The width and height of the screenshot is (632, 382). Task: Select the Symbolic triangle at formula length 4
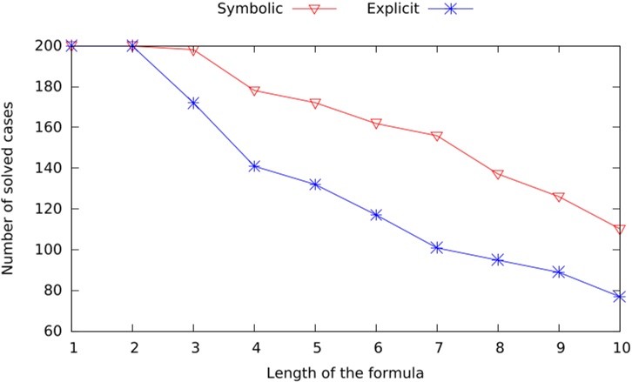tap(254, 90)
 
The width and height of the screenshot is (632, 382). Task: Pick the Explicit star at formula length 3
tap(193, 103)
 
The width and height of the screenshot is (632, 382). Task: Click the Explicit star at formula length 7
tap(437, 247)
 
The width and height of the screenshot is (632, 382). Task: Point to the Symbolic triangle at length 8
tap(498, 174)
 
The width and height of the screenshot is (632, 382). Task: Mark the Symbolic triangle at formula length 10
tap(620, 230)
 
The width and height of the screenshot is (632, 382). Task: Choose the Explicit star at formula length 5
tap(315, 184)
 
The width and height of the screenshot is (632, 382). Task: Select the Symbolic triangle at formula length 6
tap(376, 124)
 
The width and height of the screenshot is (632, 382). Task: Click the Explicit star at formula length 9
tap(559, 272)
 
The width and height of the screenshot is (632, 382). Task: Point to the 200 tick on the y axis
tap(50, 46)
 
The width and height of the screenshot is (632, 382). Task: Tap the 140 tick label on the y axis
tap(50, 168)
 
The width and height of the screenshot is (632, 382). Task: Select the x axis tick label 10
tap(619, 348)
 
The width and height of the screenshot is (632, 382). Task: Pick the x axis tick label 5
tap(315, 348)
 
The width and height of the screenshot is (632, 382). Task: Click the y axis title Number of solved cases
tap(10, 188)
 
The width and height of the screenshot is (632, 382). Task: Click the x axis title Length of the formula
tap(346, 372)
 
